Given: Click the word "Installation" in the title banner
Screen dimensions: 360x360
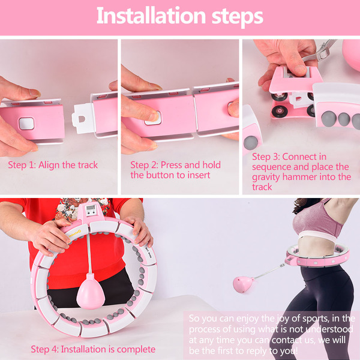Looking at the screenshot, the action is click(151, 16).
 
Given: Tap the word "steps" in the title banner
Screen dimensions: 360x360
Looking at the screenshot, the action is click(238, 17).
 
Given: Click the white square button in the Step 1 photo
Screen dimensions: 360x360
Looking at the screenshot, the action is click(26, 124).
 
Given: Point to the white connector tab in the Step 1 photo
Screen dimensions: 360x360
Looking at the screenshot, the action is click(83, 118).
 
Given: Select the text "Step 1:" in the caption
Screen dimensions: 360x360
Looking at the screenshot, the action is click(22, 165).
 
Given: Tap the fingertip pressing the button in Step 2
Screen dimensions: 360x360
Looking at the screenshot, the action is click(154, 116).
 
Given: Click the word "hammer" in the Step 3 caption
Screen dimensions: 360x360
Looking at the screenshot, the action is click(299, 177).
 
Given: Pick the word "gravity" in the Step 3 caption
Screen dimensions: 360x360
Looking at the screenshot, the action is click(266, 178).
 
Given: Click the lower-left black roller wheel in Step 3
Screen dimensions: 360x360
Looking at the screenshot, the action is click(280, 112).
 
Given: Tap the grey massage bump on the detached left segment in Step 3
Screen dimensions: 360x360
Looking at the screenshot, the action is click(251, 143).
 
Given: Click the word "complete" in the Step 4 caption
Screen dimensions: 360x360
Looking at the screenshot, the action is click(136, 349).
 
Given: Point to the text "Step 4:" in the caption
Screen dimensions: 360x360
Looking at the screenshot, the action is click(44, 349).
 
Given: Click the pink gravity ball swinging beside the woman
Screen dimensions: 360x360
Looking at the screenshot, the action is click(243, 284).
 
